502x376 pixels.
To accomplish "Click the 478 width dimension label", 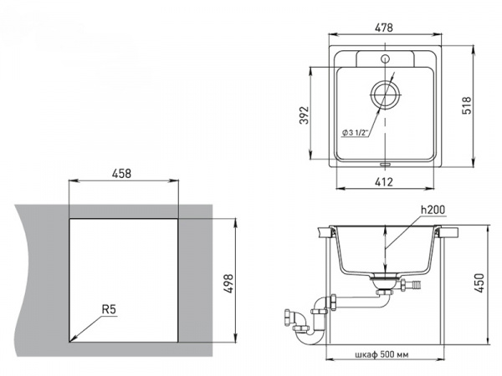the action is click(x=383, y=28).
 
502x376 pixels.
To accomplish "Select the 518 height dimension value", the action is click(x=467, y=105).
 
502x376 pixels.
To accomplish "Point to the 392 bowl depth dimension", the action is click(x=304, y=115).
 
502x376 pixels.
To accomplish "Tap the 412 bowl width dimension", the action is click(x=383, y=182).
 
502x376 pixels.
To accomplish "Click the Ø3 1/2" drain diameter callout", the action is click(x=356, y=132).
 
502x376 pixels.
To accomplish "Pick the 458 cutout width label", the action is click(x=121, y=173).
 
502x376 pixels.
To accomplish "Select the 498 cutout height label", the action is click(x=228, y=283).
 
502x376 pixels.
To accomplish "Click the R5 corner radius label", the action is click(x=109, y=309).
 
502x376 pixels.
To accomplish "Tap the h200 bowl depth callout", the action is click(x=433, y=210).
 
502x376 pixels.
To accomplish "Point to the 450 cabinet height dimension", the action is click(x=479, y=282).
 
